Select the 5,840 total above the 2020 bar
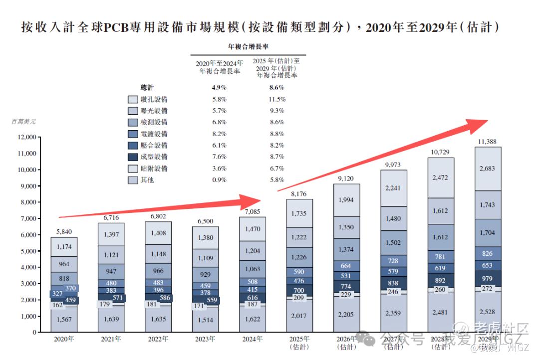tap(63, 232)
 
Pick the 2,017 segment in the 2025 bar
tap(299, 316)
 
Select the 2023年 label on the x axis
tap(206, 339)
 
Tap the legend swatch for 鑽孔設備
tap(133, 99)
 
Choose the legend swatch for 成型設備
tap(133, 157)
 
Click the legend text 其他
tap(147, 180)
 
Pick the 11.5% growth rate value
tap(276, 99)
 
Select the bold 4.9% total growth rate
tap(220, 88)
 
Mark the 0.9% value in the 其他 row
tap(220, 180)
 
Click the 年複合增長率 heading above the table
tap(248, 46)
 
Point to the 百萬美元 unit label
tap(23, 121)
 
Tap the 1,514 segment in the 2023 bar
tap(206, 320)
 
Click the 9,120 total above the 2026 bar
tap(347, 179)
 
